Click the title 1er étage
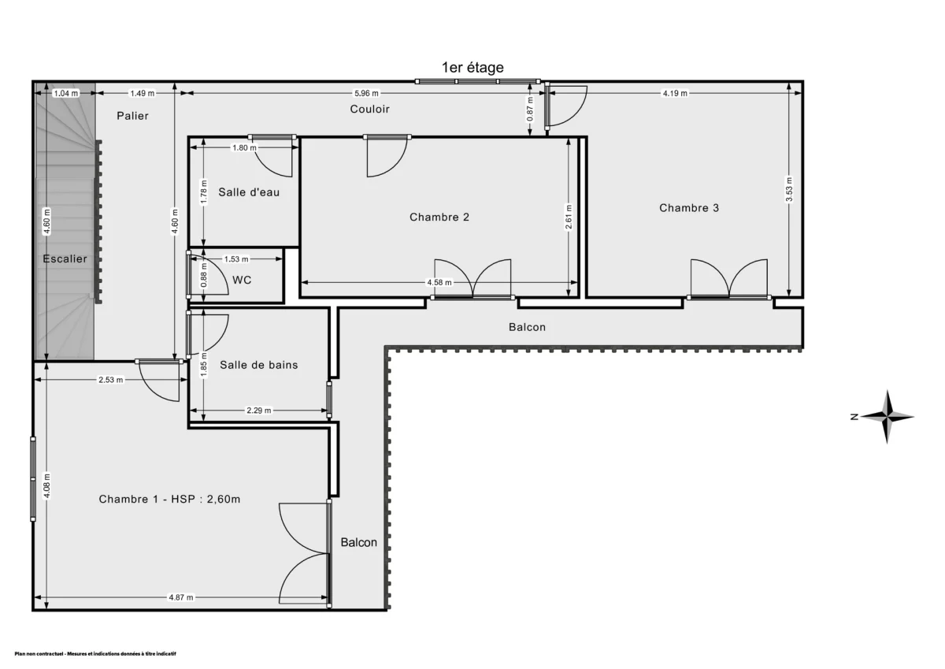tap(472, 68)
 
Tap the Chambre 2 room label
tap(439, 217)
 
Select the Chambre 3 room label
tap(689, 208)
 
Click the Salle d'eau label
tap(249, 191)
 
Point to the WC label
tap(243, 280)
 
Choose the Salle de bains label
tap(258, 365)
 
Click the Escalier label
tap(65, 258)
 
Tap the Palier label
tap(132, 116)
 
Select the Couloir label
tap(370, 109)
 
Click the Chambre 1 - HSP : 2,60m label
tap(169, 499)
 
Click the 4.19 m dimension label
tap(675, 93)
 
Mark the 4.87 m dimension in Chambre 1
tap(180, 597)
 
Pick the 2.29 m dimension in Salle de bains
tap(258, 410)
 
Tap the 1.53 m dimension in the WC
tap(236, 258)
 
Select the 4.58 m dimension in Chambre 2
tap(439, 282)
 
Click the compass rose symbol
tap(887, 416)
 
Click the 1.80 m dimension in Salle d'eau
tap(244, 147)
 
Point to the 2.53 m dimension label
tap(110, 380)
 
